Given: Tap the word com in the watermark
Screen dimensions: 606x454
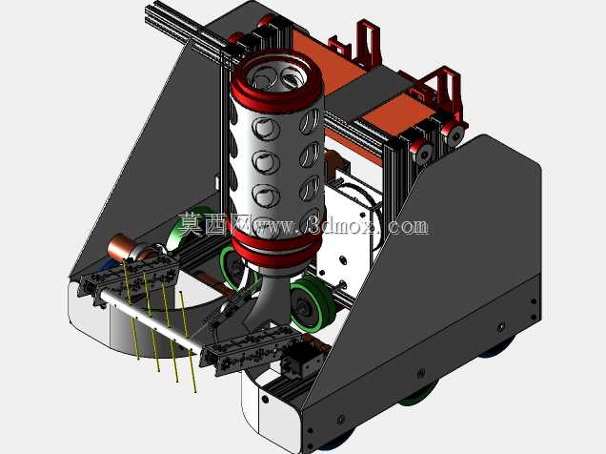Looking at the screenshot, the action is [x=408, y=227].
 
